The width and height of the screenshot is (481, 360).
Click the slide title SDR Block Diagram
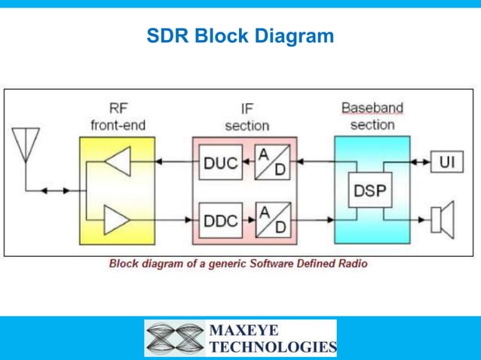pos(240,36)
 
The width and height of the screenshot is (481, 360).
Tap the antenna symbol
pos(26,144)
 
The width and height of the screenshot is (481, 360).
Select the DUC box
pos(221,162)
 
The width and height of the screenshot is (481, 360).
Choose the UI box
pos(446,162)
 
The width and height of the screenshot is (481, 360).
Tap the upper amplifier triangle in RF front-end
pos(118,162)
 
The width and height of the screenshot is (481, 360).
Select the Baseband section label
pos(372,116)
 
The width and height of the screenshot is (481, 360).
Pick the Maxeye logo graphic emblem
pos(175,338)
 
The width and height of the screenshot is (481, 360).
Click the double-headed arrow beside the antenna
pos(54,191)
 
